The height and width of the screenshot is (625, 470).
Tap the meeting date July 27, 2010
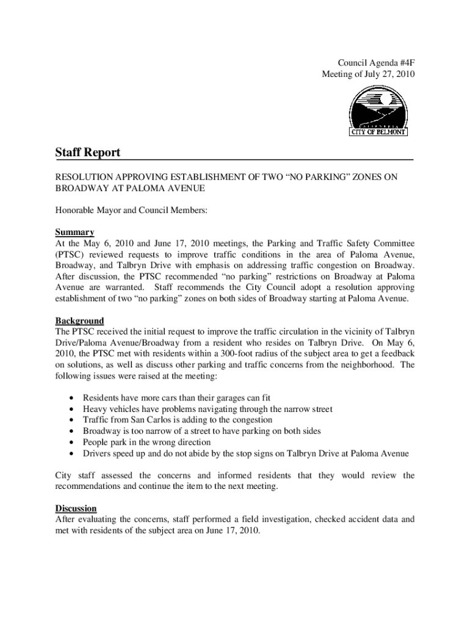tap(384, 74)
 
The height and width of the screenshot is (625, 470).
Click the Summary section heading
tap(74, 232)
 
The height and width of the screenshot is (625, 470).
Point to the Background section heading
tap(79, 320)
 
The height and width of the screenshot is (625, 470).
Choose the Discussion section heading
tap(76, 508)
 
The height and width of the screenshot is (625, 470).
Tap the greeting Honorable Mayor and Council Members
tap(132, 210)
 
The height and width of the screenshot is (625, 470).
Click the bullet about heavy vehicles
tap(208, 409)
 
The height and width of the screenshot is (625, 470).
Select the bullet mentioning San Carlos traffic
tap(178, 420)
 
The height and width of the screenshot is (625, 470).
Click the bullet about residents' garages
tap(176, 398)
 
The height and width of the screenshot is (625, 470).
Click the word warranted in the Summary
tap(125, 287)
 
